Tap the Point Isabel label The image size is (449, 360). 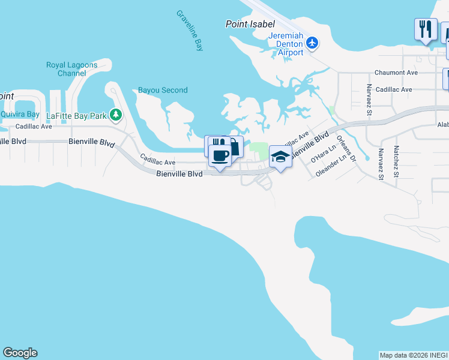[x=250, y=24]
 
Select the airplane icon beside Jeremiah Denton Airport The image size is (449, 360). [x=312, y=43]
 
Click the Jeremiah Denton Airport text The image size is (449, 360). [x=286, y=44]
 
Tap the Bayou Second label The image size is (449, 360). [x=163, y=90]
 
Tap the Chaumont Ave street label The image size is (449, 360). [x=396, y=73]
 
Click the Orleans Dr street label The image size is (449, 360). [x=346, y=149]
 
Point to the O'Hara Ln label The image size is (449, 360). [x=320, y=157]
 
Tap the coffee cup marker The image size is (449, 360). [x=220, y=157]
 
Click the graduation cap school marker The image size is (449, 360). [x=280, y=156]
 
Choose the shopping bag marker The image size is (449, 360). [x=235, y=146]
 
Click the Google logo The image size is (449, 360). [x=20, y=353]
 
